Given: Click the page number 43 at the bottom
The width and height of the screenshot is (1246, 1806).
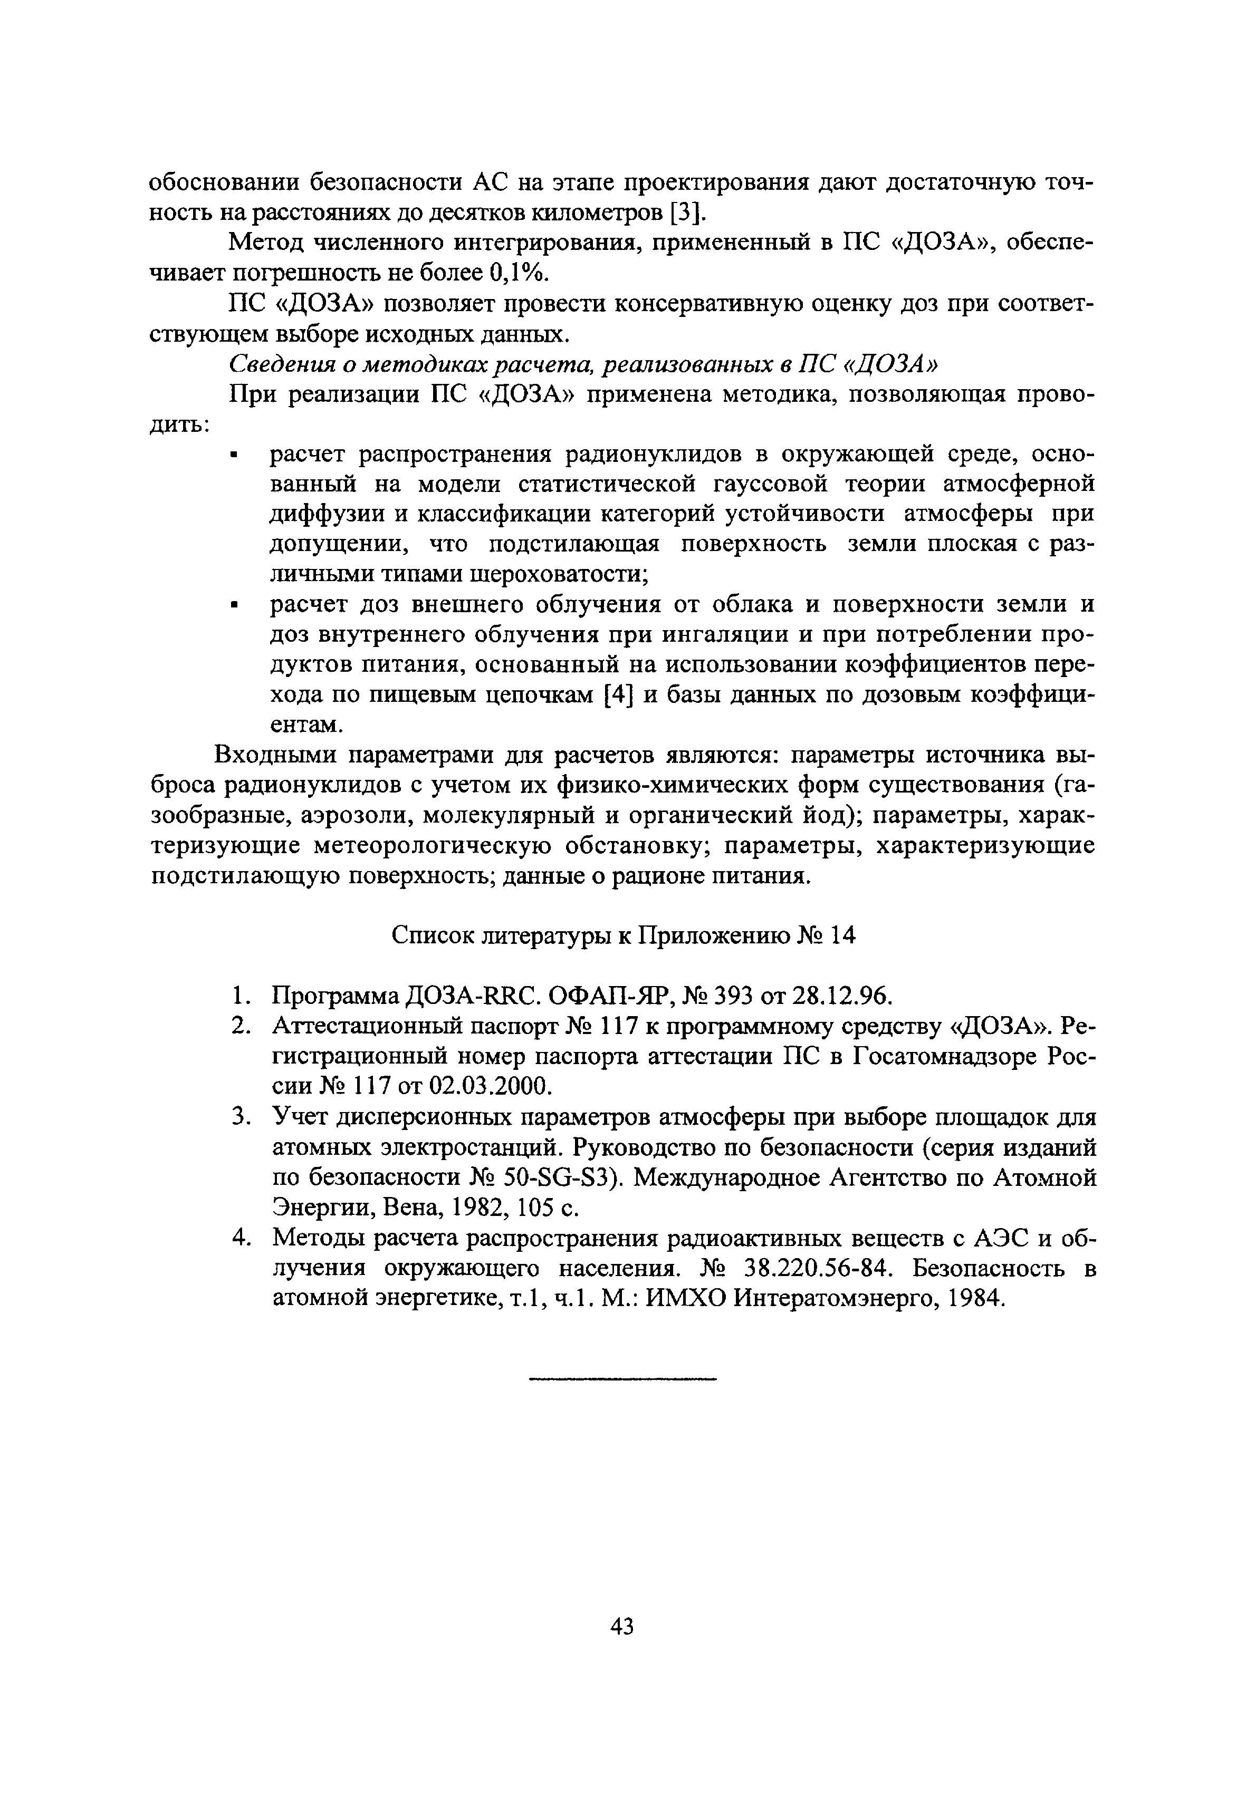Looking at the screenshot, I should click(x=622, y=1626).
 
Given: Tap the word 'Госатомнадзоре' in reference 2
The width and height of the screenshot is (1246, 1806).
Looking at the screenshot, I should click(x=944, y=1057).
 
